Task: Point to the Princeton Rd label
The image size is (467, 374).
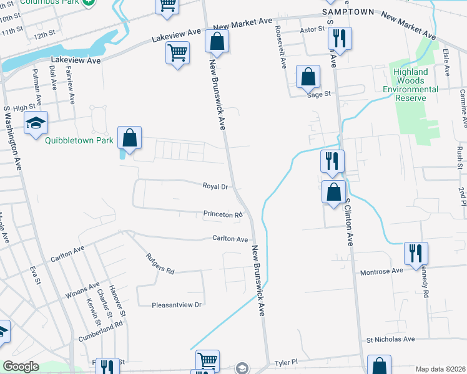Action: click(222, 214)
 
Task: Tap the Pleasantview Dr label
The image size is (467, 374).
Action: click(178, 305)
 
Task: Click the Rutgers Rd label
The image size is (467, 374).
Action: click(160, 262)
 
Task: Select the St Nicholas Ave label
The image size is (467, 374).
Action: click(390, 340)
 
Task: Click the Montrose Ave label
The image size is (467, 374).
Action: click(381, 271)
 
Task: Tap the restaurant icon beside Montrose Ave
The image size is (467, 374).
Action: click(416, 254)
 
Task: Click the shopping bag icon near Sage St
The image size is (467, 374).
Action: click(308, 77)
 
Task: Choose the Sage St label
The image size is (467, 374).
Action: click(318, 95)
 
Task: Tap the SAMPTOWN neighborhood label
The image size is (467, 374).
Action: click(348, 12)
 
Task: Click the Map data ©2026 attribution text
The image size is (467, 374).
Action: click(440, 369)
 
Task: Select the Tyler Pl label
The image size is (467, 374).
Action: click(288, 362)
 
